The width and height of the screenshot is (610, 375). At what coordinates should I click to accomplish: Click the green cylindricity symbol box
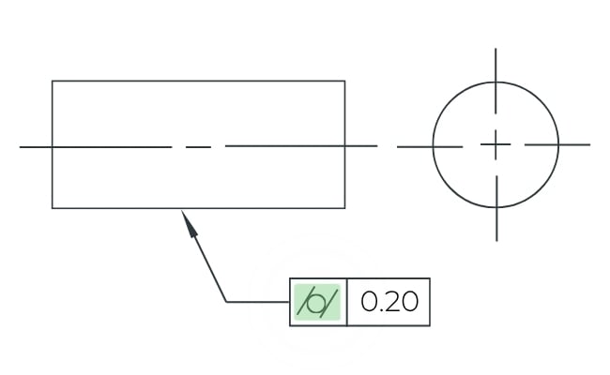(317, 302)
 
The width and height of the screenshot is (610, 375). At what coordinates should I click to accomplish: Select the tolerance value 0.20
(389, 302)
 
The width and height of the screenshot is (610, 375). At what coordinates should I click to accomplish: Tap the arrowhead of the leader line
(189, 223)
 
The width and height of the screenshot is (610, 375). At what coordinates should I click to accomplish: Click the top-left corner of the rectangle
(53, 81)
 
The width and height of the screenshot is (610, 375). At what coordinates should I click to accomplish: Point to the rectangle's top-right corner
(344, 81)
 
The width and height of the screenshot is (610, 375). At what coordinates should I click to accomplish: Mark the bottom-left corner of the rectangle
(53, 208)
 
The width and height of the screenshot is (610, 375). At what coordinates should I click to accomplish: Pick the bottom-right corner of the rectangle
(344, 208)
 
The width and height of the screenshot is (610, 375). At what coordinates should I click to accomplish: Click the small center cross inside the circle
(496, 144)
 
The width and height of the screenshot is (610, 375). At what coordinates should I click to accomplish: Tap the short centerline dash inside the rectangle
(198, 147)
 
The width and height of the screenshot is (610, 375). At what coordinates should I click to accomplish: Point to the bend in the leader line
(226, 302)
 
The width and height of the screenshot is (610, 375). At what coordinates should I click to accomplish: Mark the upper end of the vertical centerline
(496, 49)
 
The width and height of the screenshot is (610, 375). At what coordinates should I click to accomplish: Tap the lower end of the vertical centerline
(496, 241)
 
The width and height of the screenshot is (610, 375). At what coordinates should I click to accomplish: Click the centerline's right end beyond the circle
(590, 144)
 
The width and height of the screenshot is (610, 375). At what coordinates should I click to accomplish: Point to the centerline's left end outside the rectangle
(20, 147)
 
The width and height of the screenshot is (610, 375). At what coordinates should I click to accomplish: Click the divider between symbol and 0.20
(346, 302)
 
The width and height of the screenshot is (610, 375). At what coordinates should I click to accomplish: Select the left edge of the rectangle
(53, 144)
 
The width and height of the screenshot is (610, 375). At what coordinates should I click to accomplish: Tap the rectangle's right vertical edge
(344, 144)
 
